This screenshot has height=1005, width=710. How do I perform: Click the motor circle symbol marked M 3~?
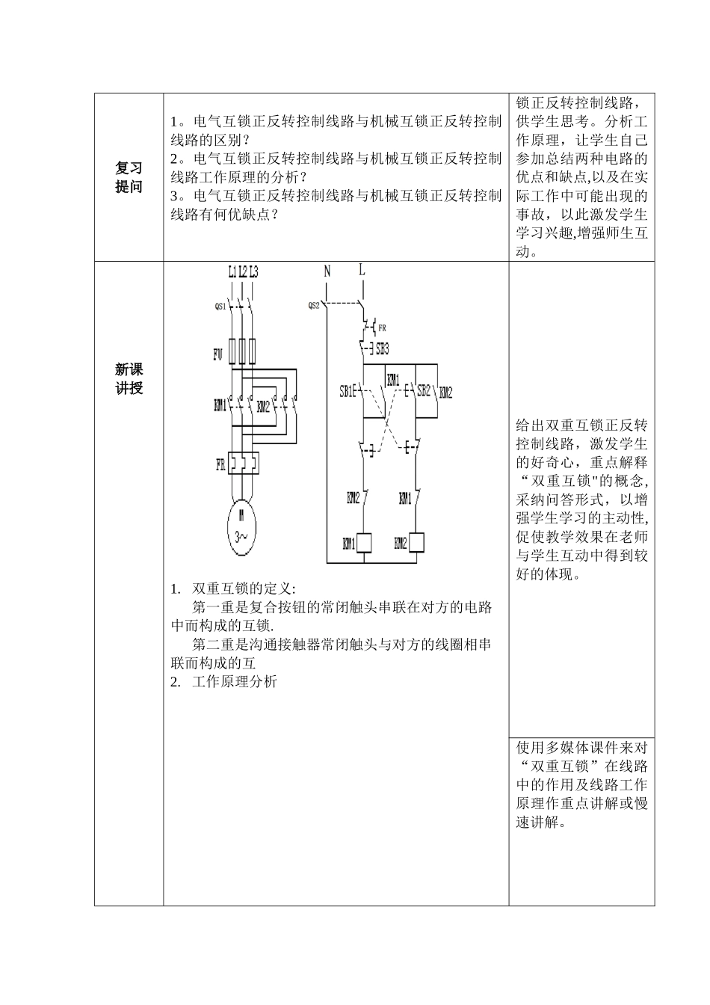pyautogui.click(x=242, y=526)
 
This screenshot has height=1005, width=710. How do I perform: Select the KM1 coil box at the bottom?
pyautogui.click(x=365, y=542)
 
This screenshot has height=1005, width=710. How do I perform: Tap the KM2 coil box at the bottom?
pyautogui.click(x=416, y=542)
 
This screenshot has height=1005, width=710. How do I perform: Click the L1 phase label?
pyautogui.click(x=232, y=272)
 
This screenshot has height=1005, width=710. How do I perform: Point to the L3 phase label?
pyautogui.click(x=253, y=272)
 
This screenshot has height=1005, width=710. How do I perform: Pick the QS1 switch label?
pyautogui.click(x=220, y=306)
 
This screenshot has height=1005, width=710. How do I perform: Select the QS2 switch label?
pyautogui.click(x=314, y=305)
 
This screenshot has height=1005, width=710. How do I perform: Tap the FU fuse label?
pyautogui.click(x=217, y=355)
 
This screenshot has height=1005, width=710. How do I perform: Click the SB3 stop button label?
pyautogui.click(x=382, y=348)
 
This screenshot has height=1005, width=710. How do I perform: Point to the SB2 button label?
pyautogui.click(x=424, y=390)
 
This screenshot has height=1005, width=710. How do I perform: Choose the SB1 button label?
pyautogui.click(x=347, y=390)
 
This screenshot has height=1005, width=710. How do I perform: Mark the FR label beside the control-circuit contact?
pyautogui.click(x=382, y=328)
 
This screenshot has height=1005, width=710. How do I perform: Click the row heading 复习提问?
pyautogui.click(x=129, y=177)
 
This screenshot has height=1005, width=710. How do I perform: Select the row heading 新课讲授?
pyautogui.click(x=129, y=378)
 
